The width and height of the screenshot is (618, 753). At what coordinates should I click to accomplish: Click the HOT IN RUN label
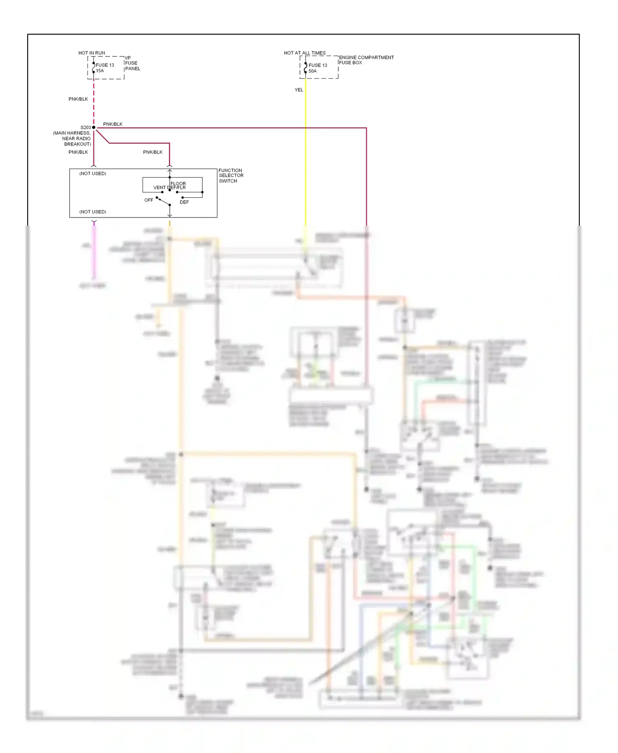point(91,53)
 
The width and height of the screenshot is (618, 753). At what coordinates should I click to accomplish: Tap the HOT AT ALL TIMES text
point(304,53)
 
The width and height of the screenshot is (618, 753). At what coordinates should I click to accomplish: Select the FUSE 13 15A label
point(105,68)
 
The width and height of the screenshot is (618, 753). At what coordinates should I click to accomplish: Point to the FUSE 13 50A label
point(318,68)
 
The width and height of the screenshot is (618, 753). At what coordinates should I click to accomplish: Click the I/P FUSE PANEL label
point(132,63)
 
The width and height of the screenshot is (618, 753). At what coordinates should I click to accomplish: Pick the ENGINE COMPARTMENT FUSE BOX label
point(366,60)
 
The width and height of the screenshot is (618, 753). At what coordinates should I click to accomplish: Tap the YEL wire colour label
point(299,90)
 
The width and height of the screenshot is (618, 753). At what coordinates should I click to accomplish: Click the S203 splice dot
point(94,128)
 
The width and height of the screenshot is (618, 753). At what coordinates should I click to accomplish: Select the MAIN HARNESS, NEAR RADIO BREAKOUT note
point(73,138)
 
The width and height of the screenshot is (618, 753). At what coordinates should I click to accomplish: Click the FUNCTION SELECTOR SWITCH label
point(231,175)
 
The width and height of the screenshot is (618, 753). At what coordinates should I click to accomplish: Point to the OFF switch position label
point(149,200)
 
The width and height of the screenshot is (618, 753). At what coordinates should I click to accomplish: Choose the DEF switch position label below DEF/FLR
point(184,202)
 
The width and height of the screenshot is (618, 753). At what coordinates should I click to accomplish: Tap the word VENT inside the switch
point(159,188)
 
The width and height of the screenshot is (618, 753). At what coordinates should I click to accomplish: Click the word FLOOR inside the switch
point(178,183)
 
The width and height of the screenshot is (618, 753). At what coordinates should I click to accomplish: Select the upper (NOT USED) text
point(93,174)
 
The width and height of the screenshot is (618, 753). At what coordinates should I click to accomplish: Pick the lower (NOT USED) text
point(93,212)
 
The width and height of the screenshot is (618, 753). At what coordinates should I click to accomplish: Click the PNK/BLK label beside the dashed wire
point(78,99)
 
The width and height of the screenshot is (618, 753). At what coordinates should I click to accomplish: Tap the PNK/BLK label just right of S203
point(113,124)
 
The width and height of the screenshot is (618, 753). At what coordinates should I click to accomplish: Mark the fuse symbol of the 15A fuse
point(94,68)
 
